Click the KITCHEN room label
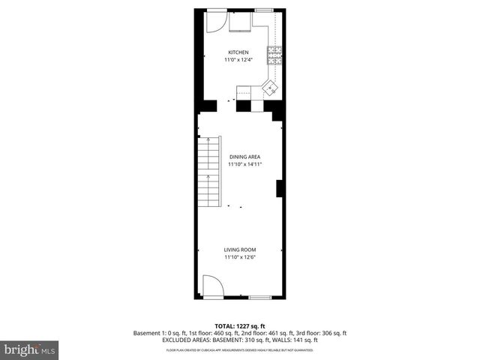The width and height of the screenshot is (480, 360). tap(239, 52)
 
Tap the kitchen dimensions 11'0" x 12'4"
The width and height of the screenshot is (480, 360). tap(239, 60)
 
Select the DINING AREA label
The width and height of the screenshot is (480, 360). tap(244, 157)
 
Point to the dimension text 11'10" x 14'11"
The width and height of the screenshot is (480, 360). tap(244, 164)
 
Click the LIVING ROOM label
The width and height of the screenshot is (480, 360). tap(240, 250)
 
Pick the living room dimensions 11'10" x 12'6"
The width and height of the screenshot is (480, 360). tap(240, 257)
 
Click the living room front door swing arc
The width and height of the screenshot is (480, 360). tap(212, 286)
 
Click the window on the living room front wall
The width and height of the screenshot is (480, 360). tap(260, 298)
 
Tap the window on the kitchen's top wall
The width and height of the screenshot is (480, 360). tap(265, 10)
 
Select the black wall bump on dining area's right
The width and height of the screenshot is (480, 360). tap(279, 188)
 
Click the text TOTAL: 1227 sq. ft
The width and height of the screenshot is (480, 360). tap(239, 326)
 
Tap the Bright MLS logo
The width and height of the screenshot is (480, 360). tap(30, 349)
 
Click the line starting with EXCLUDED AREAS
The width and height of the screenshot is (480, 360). tap(240, 340)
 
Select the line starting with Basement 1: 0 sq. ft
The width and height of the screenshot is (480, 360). tap(240, 333)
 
